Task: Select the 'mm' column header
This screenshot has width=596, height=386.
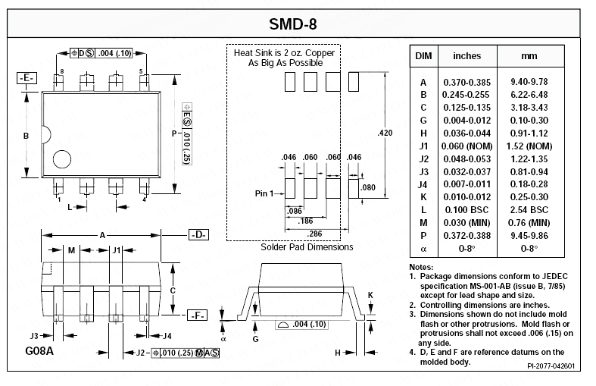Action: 529,56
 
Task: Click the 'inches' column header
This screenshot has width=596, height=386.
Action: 467,56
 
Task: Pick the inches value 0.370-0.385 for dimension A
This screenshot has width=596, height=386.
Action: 467,82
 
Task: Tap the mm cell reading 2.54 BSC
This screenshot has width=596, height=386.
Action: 529,209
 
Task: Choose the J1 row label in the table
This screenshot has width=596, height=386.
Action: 424,146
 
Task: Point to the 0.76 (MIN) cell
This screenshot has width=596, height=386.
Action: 529,222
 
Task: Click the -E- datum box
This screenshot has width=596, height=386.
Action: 27,78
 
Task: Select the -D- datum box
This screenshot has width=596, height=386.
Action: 198,235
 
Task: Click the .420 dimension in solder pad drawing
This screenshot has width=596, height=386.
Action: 385,133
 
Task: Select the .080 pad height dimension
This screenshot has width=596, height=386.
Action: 369,187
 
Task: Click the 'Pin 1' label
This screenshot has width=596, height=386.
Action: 263,194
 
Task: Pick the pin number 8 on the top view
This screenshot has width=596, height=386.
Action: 62,71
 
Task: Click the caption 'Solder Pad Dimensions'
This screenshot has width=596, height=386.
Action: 307,247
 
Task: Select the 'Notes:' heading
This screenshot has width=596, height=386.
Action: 421,268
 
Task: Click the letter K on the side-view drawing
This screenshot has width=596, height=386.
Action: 370,294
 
